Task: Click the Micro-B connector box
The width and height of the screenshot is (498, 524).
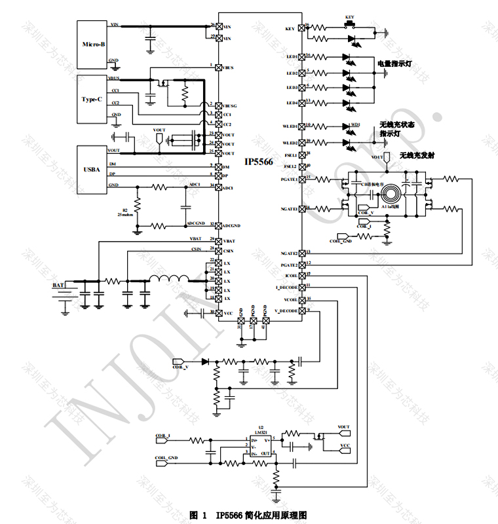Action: [x=92, y=44]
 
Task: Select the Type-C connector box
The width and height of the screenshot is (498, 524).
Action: [x=92, y=99]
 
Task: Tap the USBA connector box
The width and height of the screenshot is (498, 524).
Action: [x=92, y=170]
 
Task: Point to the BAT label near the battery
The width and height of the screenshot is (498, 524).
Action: [x=58, y=286]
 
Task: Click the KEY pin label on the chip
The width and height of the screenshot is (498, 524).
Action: [x=290, y=29]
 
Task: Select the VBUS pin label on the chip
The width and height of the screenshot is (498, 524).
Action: [x=229, y=67]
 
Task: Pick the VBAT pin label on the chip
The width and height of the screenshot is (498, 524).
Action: [x=229, y=242]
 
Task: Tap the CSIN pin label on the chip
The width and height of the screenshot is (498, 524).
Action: [x=229, y=251]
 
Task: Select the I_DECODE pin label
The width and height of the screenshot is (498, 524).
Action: [x=287, y=288]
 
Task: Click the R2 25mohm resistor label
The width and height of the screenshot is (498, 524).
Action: [x=128, y=212]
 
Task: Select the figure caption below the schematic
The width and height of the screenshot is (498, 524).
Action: [x=248, y=515]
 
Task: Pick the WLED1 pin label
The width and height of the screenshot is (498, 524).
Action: [x=289, y=126]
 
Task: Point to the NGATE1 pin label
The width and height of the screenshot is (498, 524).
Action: [x=289, y=209]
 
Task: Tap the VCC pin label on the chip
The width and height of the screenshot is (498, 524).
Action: [x=228, y=313]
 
